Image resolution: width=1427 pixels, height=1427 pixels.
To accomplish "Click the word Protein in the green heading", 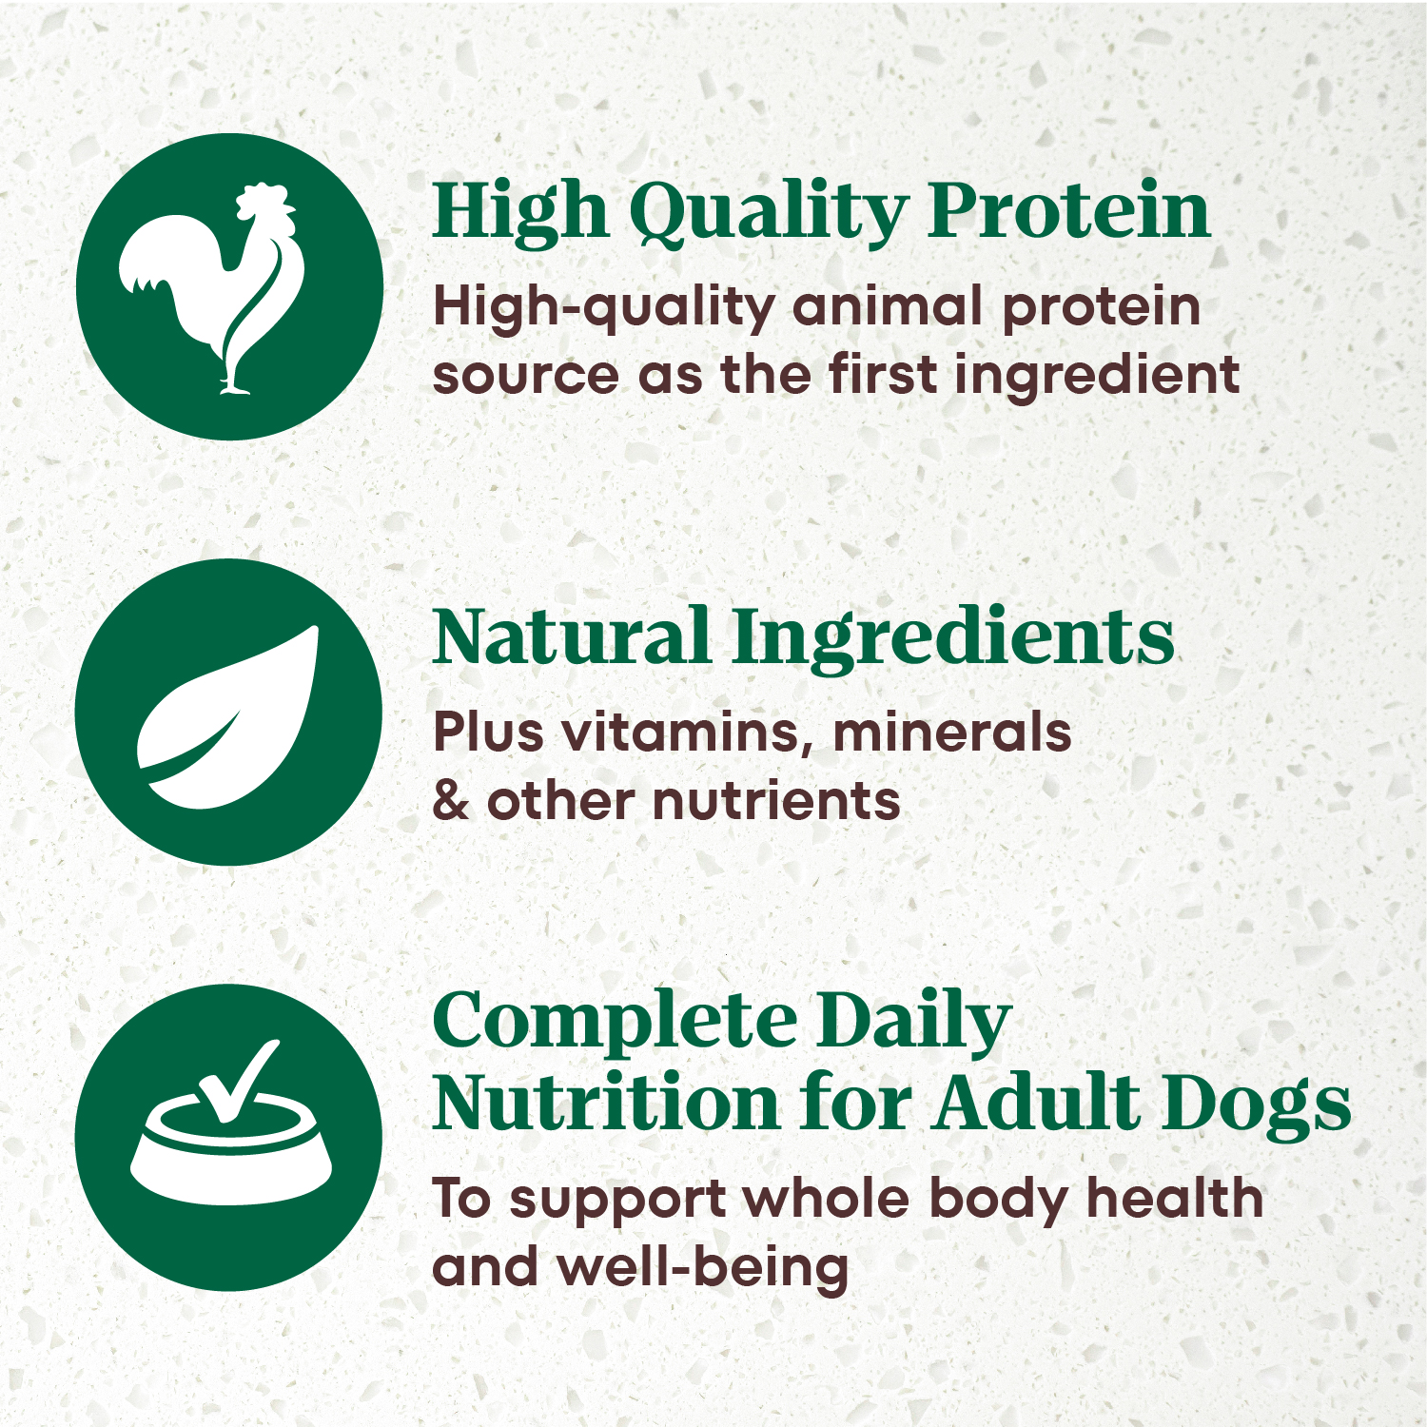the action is click(x=1069, y=211).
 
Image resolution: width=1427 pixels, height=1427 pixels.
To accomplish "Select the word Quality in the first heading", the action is click(x=768, y=213).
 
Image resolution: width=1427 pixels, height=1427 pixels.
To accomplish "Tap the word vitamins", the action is click(x=686, y=733).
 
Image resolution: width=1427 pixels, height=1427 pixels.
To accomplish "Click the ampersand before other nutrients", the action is click(x=451, y=800).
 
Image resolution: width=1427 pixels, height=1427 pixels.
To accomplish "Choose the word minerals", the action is click(x=951, y=732).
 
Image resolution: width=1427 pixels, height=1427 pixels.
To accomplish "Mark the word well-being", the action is click(x=703, y=1267).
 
